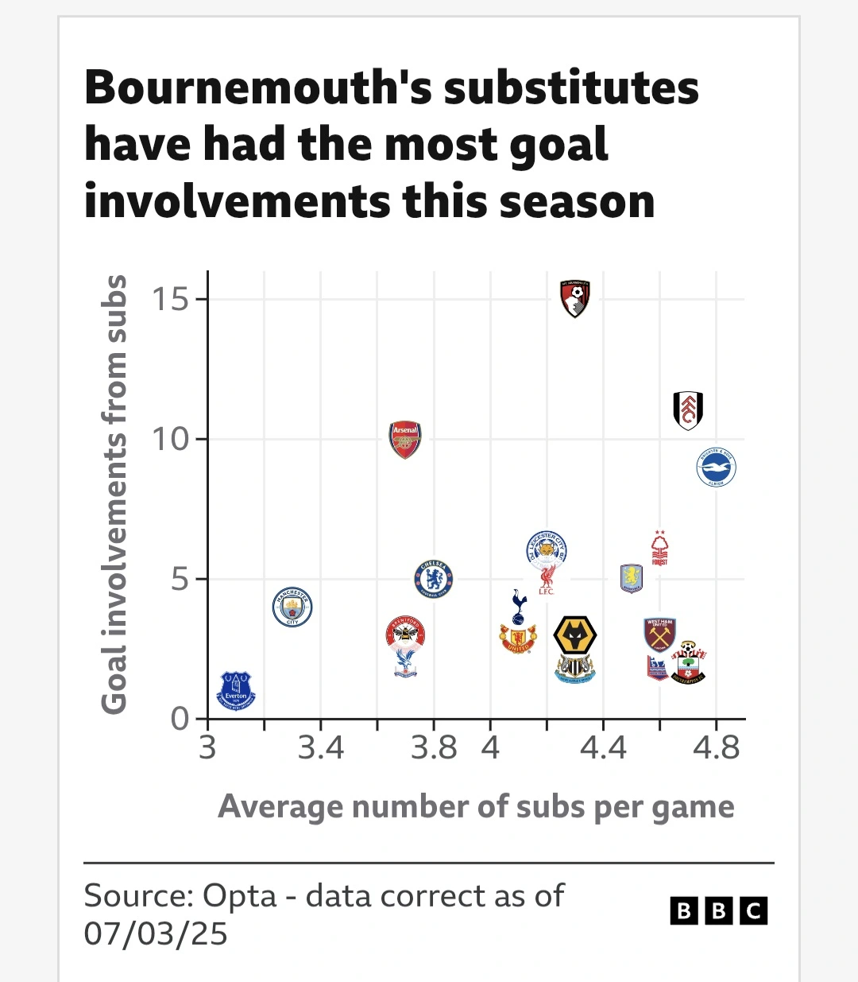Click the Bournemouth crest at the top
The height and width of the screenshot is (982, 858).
click(x=575, y=298)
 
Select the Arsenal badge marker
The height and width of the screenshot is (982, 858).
click(x=405, y=440)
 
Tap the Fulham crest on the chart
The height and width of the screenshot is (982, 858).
click(x=688, y=410)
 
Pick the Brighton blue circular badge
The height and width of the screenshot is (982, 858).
click(x=717, y=468)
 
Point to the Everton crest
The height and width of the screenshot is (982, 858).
click(x=236, y=690)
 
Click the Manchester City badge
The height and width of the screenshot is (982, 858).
click(x=292, y=607)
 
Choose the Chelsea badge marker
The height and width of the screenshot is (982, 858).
click(x=434, y=579)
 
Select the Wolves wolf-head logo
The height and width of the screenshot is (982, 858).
click(x=575, y=637)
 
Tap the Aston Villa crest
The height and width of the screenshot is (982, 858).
click(x=632, y=578)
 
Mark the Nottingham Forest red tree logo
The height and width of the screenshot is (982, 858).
click(x=659, y=549)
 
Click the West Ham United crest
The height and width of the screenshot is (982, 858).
click(x=659, y=634)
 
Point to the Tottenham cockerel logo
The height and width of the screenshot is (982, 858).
click(x=519, y=607)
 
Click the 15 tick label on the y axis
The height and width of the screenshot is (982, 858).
click(x=171, y=300)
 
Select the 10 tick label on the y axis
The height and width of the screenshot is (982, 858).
click(x=171, y=439)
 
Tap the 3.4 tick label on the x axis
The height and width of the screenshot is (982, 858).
click(x=321, y=748)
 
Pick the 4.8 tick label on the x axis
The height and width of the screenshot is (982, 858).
click(x=717, y=748)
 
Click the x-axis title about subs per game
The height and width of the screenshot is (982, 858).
click(x=476, y=806)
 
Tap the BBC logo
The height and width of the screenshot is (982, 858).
click(x=719, y=910)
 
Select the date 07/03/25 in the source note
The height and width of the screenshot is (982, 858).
click(x=156, y=933)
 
